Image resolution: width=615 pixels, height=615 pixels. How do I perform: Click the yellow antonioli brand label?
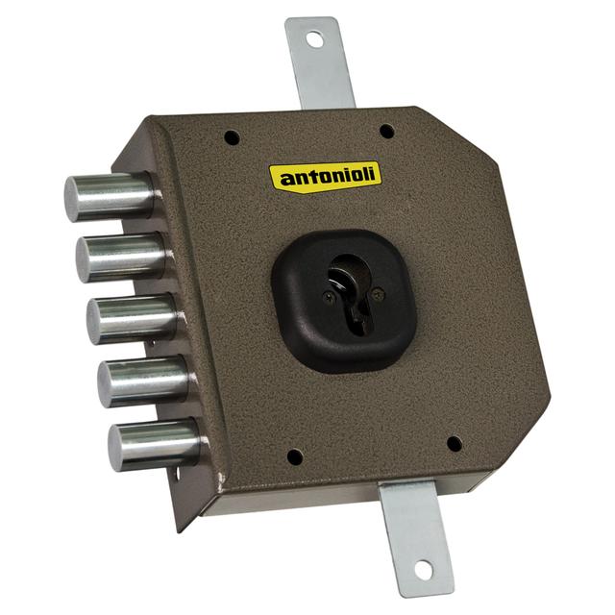click(x=325, y=176)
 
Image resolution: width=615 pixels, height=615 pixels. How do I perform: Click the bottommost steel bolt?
click(x=154, y=445)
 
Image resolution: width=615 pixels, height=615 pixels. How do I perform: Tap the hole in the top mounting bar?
click(x=314, y=39)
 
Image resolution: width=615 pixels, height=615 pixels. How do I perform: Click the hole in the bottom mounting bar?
click(x=421, y=572)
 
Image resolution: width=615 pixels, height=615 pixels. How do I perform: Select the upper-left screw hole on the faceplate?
click(x=231, y=137)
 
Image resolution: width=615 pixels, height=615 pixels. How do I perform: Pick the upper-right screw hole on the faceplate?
click(x=385, y=131)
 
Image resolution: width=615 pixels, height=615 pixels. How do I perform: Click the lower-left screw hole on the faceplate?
click(x=294, y=456)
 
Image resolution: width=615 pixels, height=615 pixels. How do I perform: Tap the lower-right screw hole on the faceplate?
click(x=454, y=444)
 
